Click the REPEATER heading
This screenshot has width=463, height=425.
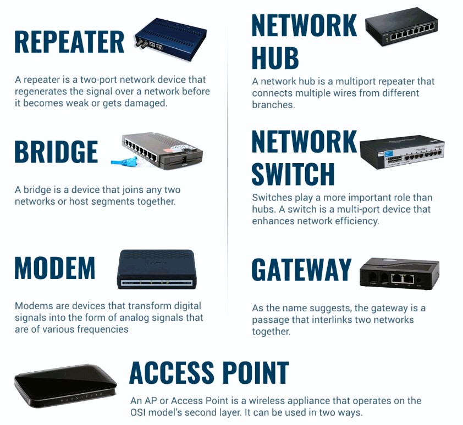[69, 42]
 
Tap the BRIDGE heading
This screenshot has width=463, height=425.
[56, 152]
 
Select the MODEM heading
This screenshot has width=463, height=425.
[55, 267]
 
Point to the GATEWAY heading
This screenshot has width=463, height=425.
[301, 270]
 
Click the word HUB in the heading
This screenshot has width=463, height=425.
[275, 58]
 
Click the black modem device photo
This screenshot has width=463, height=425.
[157, 269]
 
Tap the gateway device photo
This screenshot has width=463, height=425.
[399, 273]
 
